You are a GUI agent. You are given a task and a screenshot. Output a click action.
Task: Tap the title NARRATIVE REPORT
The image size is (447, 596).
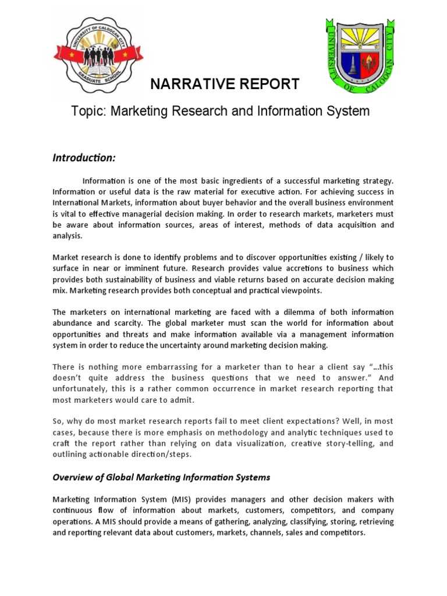pos(225,85)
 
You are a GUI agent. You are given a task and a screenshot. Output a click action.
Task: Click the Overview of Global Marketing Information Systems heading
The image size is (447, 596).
pos(162,477)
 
